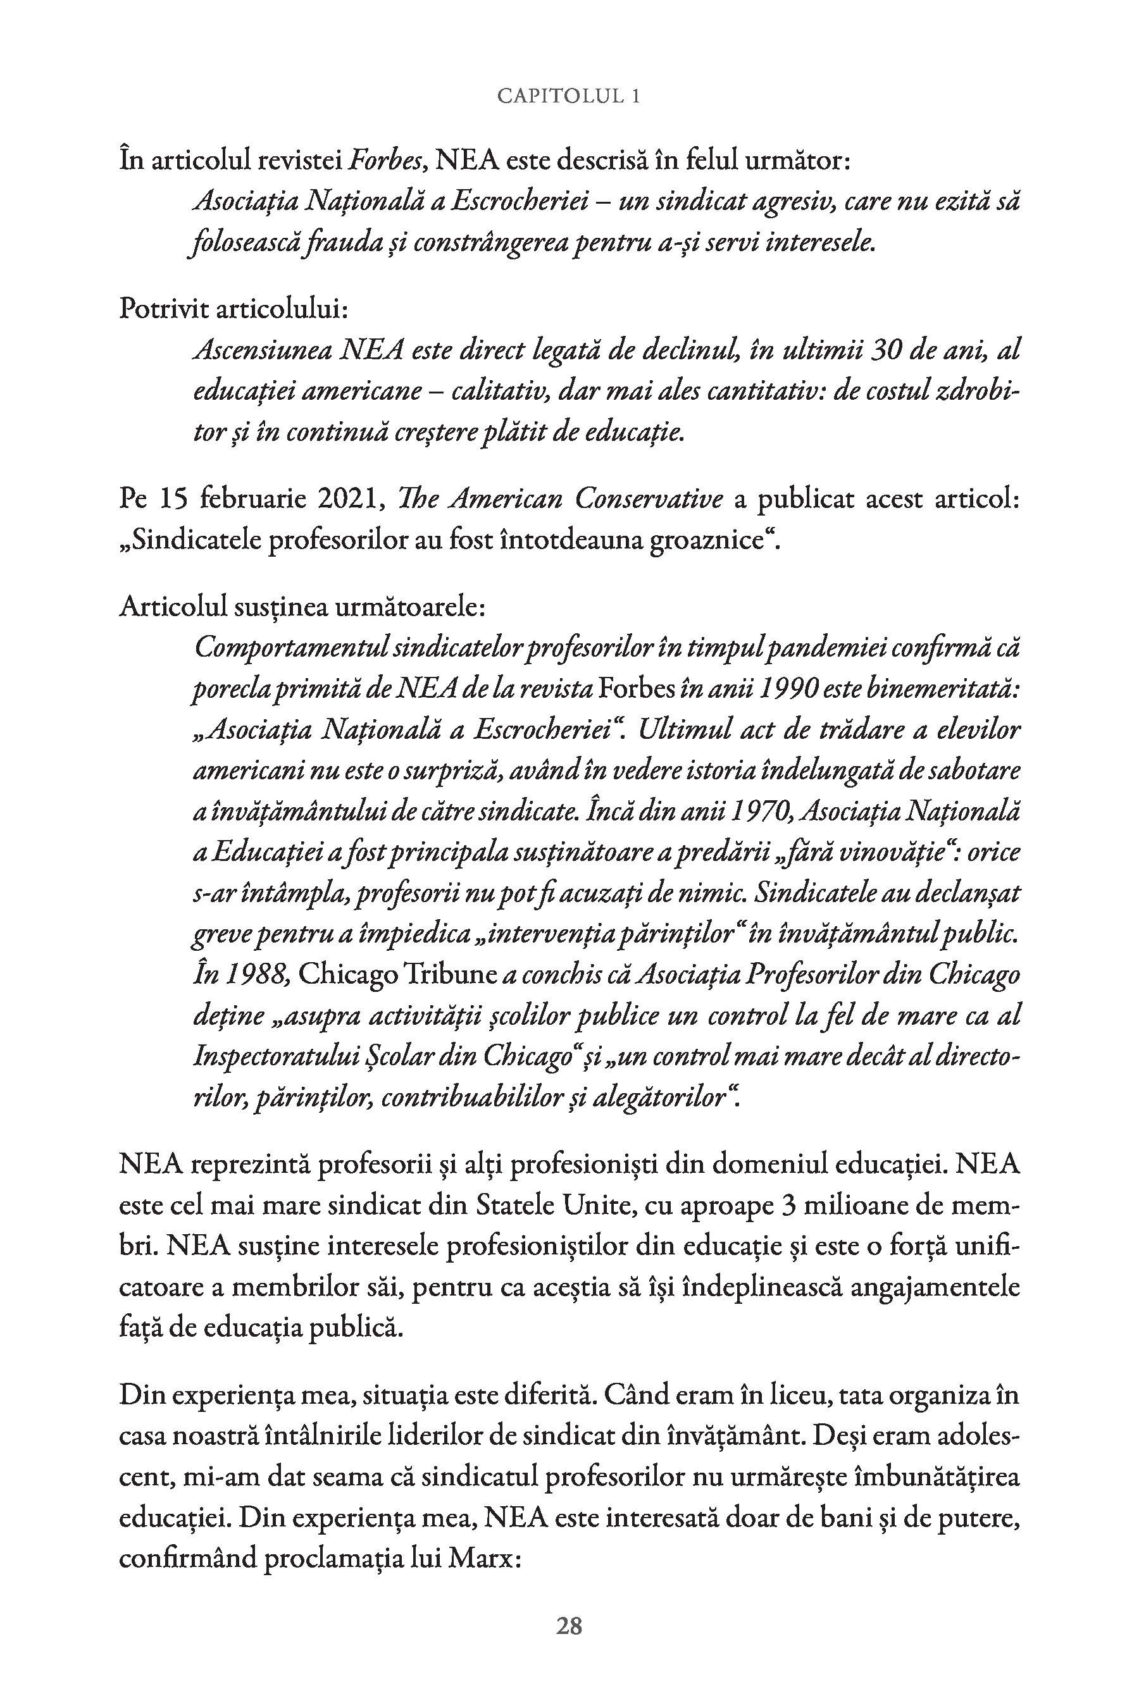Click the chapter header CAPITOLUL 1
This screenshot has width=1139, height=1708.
[x=568, y=96]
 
